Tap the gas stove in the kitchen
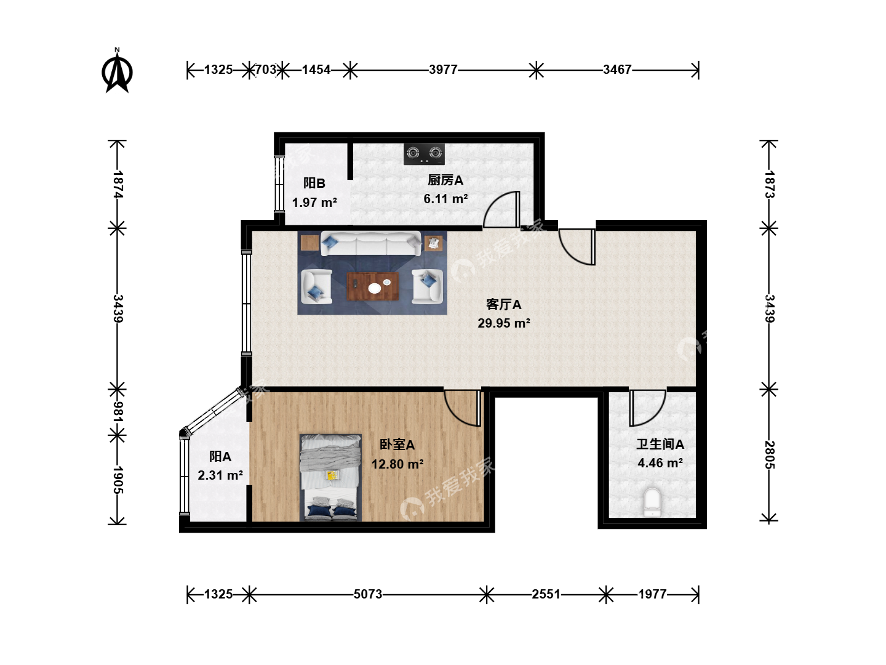tap(424, 154)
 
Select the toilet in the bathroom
tap(652, 502)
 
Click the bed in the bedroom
tap(330, 478)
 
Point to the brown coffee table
tap(373, 287)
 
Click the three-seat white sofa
tap(370, 243)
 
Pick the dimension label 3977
tap(443, 70)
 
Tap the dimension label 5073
tap(368, 594)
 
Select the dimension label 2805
tap(769, 454)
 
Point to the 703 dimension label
tap(266, 70)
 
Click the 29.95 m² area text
tap(504, 323)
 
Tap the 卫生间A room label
tap(660, 444)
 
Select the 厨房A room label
tap(445, 180)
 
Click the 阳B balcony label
tap(314, 183)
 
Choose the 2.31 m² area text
tap(220, 475)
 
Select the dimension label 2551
tap(546, 594)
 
